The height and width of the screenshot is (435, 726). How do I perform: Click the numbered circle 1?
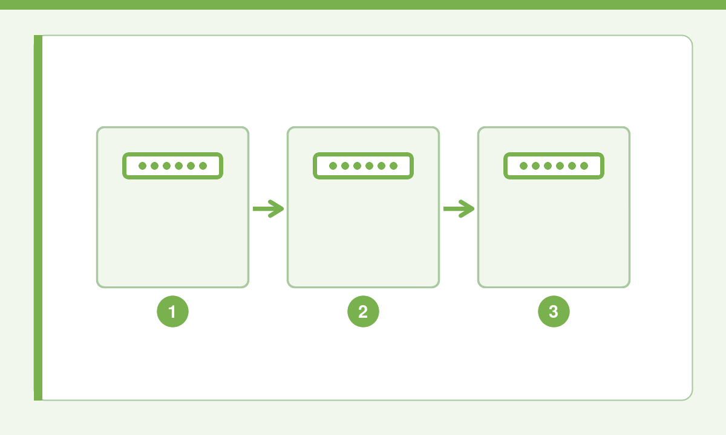pos(172,311)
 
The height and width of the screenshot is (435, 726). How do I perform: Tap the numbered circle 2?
pos(363,311)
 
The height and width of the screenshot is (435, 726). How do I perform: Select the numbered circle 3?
pos(554,311)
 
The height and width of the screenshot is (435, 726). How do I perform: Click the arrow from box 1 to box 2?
pos(269,209)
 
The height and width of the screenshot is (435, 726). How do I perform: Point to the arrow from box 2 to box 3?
pos(459,209)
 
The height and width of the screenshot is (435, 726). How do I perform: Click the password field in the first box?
pos(172,166)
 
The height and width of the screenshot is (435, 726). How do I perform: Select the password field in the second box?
pos(363,166)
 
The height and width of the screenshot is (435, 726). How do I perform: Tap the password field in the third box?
pos(554,166)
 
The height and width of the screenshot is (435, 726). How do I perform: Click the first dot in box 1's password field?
pos(142,166)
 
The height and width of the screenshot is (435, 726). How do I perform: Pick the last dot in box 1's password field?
pos(203,166)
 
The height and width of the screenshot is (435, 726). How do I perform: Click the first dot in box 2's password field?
pos(333,166)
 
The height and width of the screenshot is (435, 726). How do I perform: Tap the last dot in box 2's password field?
pos(393,166)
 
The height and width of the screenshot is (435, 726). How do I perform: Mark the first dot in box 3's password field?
pos(523,166)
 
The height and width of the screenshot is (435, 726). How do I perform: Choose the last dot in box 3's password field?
pos(584,166)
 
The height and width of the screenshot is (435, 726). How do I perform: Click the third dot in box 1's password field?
pos(166,166)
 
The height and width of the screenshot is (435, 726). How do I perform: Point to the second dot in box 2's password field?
pos(345,166)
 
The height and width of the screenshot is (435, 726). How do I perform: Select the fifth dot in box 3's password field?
pos(572,166)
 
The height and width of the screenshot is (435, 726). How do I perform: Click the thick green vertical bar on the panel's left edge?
pos(38,217)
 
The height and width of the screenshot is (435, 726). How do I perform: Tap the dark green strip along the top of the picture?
pos(363,5)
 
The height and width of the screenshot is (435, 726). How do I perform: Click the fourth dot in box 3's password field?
pos(560,166)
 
